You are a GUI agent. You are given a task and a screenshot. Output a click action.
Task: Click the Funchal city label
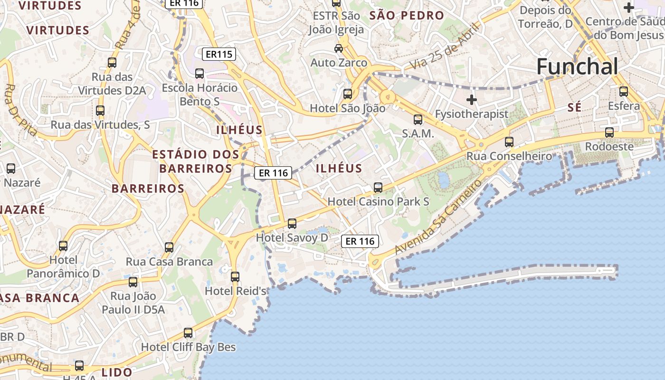coord(577,66)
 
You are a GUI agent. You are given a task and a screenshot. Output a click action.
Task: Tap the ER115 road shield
coord(219,54)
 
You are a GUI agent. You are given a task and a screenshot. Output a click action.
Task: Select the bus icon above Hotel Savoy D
coord(292,223)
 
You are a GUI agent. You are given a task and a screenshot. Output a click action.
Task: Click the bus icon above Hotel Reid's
coord(235,276)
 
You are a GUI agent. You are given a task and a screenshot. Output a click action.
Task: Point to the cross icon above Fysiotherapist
coord(471,100)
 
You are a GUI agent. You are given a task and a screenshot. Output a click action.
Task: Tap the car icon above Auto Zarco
coord(339,48)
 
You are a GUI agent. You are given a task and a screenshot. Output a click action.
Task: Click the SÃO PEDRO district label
coord(407,15)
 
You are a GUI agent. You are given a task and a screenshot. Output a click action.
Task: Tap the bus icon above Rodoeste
coord(609,133)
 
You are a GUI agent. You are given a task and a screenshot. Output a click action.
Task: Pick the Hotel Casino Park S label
coord(378,201)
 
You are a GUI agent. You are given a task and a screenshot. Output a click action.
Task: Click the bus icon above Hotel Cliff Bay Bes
coord(188,332)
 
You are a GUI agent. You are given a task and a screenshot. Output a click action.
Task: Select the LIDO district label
coord(117,372)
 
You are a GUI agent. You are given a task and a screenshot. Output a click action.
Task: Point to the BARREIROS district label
coord(148,189)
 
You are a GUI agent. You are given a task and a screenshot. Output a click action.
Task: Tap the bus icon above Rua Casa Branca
coord(169,247)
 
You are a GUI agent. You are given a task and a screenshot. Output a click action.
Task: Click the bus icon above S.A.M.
coord(418,119)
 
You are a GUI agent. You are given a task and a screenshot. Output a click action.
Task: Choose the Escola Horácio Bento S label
coord(199,95)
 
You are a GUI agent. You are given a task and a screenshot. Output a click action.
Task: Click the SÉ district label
coord(574,108)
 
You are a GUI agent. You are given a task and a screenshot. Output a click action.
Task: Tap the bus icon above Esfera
coord(624,91)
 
